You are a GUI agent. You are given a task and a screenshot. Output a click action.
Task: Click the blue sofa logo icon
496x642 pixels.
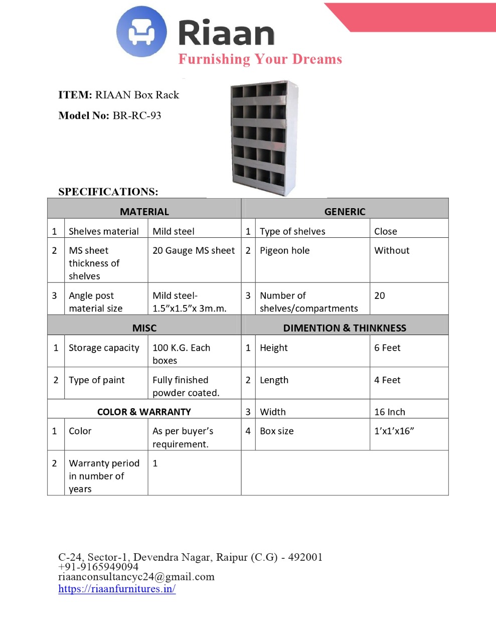tap(141, 32)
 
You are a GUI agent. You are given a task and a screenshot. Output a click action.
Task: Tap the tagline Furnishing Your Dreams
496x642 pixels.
tap(260, 59)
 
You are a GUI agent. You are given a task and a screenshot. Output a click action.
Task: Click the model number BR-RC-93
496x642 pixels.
tap(136, 115)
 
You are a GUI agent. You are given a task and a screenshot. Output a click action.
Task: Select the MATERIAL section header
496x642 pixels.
tap(144, 212)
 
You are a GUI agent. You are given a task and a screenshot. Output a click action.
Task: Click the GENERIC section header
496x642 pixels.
tap(345, 212)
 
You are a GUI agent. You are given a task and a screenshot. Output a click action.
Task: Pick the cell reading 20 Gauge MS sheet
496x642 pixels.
tap(194, 250)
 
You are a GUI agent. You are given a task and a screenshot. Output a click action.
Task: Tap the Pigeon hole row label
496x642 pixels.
tap(284, 250)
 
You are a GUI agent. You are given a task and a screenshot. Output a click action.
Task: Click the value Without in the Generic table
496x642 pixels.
tap(392, 250)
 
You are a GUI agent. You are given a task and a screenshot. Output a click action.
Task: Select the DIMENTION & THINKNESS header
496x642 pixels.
tap(345, 328)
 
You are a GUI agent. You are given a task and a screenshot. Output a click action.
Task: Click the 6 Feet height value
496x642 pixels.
tap(387, 348)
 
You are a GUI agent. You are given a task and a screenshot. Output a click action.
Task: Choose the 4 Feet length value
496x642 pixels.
tap(387, 380)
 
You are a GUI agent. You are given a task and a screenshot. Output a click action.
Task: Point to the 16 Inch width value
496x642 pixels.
tap(390, 412)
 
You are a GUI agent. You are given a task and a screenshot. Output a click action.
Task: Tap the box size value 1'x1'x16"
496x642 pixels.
tap(394, 431)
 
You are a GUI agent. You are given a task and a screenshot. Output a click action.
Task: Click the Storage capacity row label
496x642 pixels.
tap(104, 348)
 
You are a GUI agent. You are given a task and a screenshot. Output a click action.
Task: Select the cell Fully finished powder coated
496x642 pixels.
tap(186, 386)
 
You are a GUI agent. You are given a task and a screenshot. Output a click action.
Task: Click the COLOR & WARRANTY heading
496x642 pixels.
tap(144, 412)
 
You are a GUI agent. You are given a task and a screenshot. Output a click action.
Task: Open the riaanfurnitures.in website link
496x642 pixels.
tap(117, 589)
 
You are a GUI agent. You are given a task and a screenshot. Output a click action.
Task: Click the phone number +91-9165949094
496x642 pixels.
tap(98, 567)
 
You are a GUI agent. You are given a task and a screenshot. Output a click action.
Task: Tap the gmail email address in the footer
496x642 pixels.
tap(136, 577)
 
